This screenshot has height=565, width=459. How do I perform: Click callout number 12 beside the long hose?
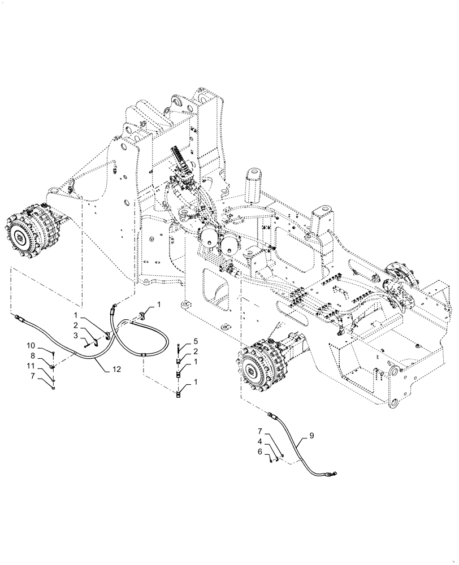116,369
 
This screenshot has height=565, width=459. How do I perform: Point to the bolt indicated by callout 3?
86,340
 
